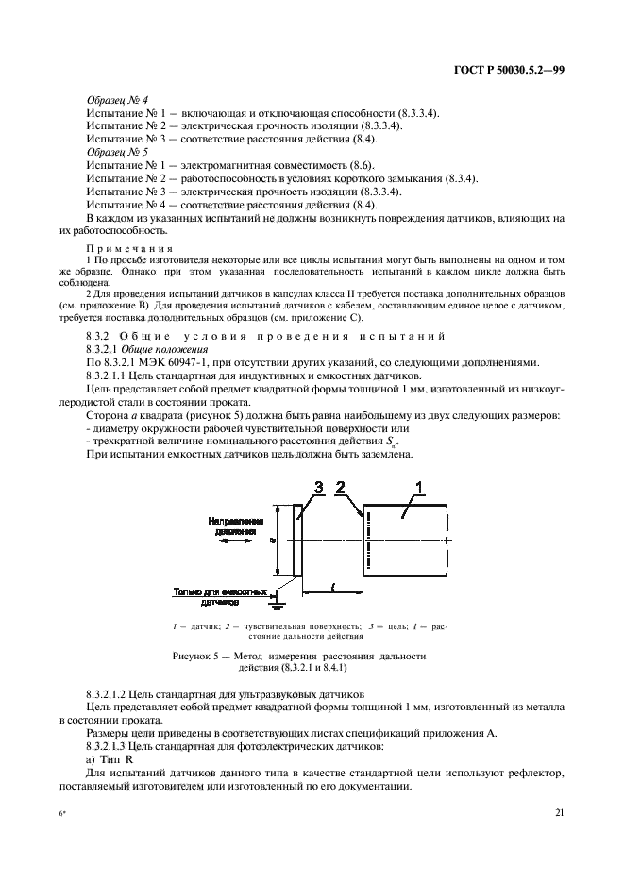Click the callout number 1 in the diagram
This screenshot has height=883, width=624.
point(419,487)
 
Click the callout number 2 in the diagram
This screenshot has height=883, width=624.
point(342,487)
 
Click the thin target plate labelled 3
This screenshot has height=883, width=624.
point(296,540)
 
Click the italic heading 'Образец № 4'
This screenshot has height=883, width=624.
point(110,100)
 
